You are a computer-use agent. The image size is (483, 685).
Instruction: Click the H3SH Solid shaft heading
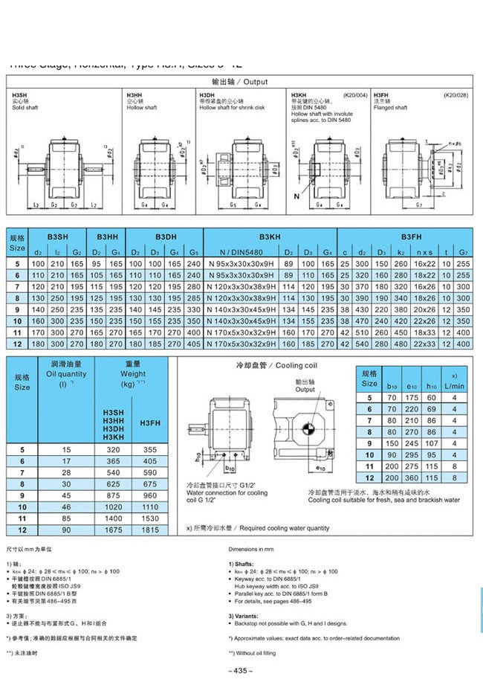(23, 102)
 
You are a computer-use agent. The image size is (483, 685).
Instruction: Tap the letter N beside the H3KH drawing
(296, 196)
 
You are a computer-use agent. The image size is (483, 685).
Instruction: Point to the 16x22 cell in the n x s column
(425, 263)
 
